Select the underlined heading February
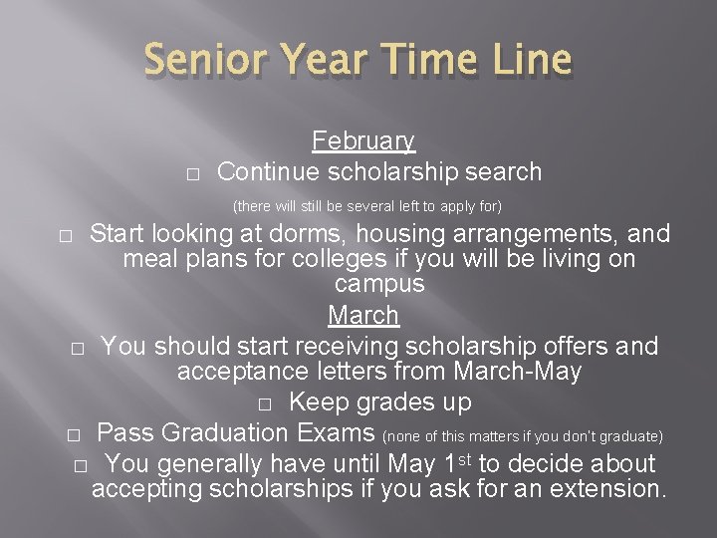click(x=363, y=141)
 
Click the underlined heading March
click(x=363, y=316)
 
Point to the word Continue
click(x=267, y=172)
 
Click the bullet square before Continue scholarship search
click(x=193, y=174)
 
